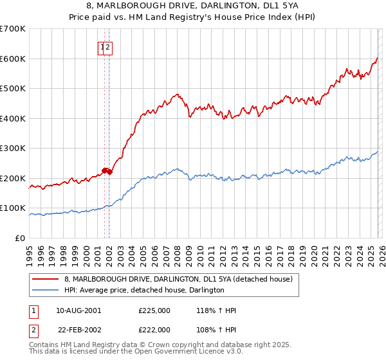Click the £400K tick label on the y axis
tap(12, 118)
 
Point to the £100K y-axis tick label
tap(12, 208)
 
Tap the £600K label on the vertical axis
tap(12, 59)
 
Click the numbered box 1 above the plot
tap(102, 47)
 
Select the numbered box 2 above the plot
tap(109, 47)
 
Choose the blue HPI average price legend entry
tap(144, 290)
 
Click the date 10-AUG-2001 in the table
tap(78, 310)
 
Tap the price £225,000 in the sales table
tap(154, 310)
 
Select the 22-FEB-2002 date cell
tap(78, 329)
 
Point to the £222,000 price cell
tap(154, 329)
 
